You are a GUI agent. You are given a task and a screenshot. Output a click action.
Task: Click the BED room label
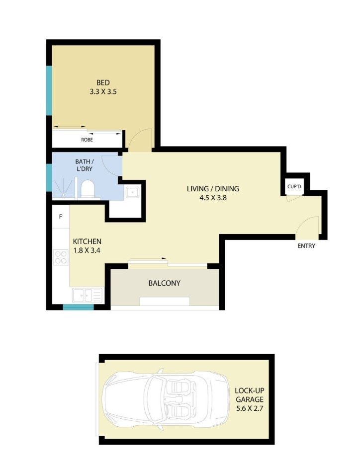tap(103, 82)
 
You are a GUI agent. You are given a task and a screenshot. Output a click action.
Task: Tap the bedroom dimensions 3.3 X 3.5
tap(103, 92)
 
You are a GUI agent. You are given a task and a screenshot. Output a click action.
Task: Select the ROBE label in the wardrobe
tap(87, 140)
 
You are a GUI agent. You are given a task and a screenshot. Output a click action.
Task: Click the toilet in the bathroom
tap(88, 188)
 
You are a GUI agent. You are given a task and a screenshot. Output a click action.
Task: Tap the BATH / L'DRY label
tap(85, 165)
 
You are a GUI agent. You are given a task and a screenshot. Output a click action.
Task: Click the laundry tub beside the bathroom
tap(132, 192)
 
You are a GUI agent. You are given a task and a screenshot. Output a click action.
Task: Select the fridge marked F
tap(61, 217)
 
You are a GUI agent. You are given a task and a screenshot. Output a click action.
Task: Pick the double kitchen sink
tap(87, 296)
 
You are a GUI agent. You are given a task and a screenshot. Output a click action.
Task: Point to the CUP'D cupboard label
tap(294, 187)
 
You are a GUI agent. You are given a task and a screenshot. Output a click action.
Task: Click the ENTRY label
tap(306, 246)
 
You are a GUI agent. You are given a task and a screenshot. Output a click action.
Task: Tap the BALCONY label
tap(164, 283)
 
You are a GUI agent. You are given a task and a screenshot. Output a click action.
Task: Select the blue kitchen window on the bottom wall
tap(79, 307)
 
